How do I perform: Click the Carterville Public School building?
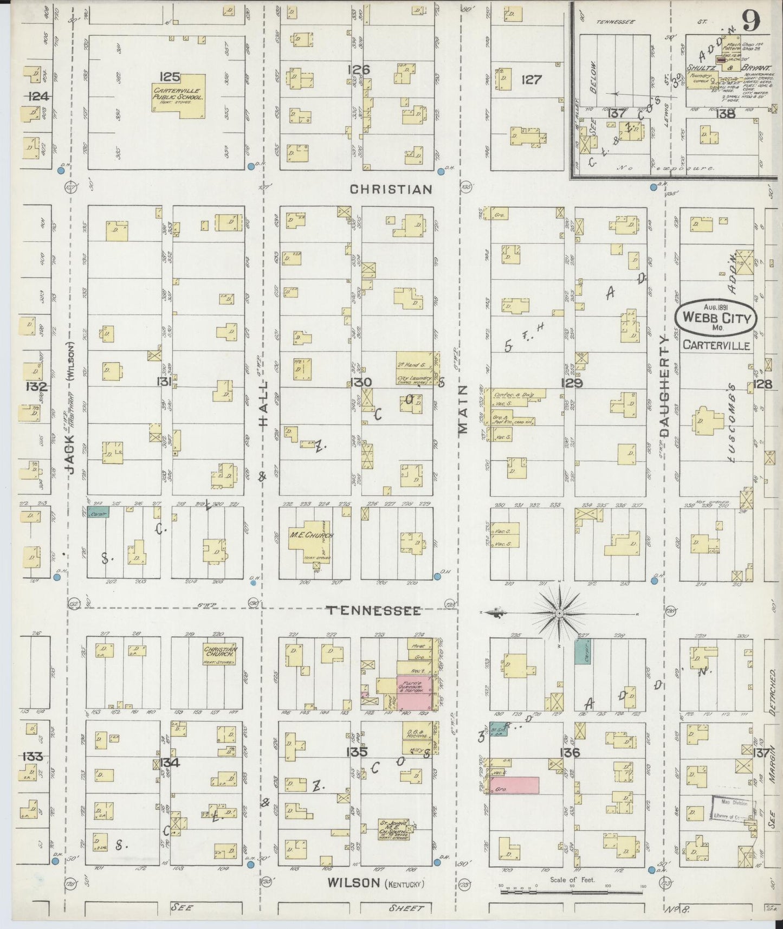pos(178,96)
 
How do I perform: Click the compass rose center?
pos(559,613)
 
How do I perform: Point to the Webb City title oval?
pos(715,318)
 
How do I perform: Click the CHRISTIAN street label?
pos(391,189)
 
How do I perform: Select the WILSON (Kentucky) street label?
pos(376,883)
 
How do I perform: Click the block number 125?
pos(169,76)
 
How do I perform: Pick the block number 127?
pos(531,80)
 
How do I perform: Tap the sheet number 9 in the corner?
pos(750,22)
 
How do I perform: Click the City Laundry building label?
pos(414,378)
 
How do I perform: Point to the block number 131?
pos(164,383)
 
